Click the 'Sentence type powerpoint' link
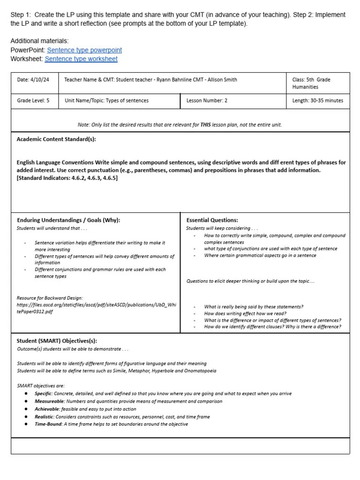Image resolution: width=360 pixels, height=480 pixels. [84, 50]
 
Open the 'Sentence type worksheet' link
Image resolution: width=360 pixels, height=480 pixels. [81, 59]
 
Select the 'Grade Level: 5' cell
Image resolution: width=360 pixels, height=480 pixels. [33, 100]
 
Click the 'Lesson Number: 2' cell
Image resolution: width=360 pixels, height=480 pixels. [207, 100]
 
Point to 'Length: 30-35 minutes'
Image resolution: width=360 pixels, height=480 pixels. [317, 100]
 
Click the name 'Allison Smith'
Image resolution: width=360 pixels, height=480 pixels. [221, 80]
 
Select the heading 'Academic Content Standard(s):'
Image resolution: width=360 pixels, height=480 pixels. [56, 139]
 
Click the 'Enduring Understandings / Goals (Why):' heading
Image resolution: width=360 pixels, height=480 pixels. [68, 220]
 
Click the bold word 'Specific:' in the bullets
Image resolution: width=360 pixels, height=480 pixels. [44, 394]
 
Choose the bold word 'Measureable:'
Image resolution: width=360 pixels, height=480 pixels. [50, 401]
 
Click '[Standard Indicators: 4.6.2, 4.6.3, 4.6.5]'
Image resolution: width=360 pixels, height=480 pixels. [67, 178]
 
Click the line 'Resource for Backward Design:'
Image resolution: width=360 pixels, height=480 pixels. [50, 298]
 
